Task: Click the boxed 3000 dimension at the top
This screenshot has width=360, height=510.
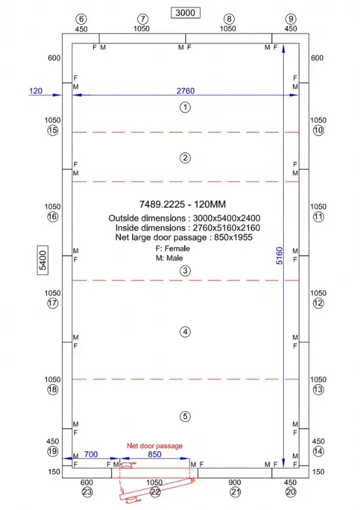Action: point(185,13)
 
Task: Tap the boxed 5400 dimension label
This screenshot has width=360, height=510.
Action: point(43,260)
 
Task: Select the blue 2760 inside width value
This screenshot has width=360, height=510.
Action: point(185,91)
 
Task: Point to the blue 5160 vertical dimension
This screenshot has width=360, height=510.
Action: point(280,256)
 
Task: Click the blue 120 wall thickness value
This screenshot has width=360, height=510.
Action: point(36,91)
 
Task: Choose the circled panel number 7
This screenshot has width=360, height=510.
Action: point(142,19)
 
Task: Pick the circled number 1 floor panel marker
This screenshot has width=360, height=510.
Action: point(185,107)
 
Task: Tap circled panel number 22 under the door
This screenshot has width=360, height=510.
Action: point(155,492)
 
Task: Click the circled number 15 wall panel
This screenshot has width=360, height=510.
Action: point(53,130)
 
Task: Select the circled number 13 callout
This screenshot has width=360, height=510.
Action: point(318,389)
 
